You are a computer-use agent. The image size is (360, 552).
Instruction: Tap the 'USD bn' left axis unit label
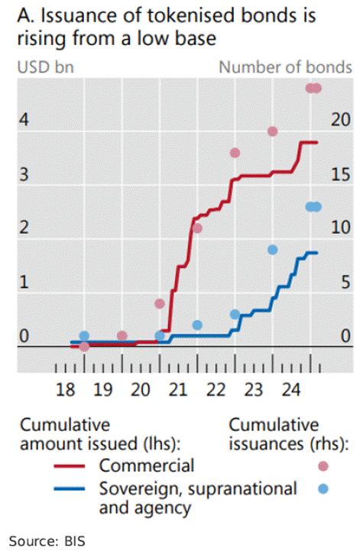(41, 67)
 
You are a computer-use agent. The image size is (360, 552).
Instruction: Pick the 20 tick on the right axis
(341, 120)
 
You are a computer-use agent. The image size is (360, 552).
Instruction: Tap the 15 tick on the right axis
(341, 174)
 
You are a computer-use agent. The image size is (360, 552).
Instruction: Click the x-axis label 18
(66, 391)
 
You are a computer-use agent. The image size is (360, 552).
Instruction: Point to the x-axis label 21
(178, 391)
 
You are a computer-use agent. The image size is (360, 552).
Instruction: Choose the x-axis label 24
(290, 391)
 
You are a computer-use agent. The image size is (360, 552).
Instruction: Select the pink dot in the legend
(324, 466)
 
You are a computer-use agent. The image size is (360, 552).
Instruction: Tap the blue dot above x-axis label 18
(84, 336)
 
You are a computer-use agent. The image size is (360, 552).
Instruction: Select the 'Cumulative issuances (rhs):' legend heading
(288, 434)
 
